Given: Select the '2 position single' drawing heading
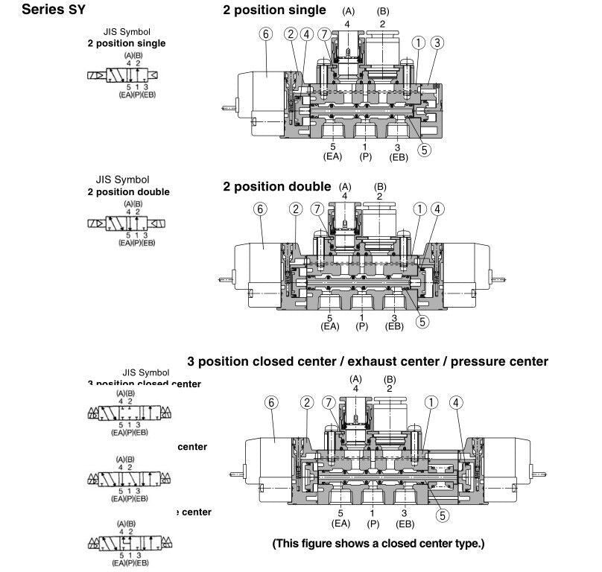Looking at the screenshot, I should [274, 10].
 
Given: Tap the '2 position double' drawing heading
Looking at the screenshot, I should [276, 186].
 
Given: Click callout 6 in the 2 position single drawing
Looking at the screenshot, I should [265, 34].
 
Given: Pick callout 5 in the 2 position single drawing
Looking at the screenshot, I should [424, 149].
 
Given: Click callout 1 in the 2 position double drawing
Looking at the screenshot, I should [421, 209].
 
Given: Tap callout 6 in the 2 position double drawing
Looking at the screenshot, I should [260, 209].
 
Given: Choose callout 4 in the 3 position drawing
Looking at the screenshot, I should [456, 403].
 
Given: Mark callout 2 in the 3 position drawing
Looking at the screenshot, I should [306, 403].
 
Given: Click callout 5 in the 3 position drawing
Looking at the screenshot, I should [443, 515].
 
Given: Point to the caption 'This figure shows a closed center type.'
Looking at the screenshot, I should [378, 544].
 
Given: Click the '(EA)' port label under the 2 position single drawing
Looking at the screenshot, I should [332, 156].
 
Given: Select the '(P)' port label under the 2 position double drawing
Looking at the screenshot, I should [362, 326].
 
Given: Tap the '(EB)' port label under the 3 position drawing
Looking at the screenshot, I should [405, 523].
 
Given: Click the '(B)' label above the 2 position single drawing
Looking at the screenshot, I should [383, 11].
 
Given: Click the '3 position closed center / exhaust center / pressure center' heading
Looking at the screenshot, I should [367, 362].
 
